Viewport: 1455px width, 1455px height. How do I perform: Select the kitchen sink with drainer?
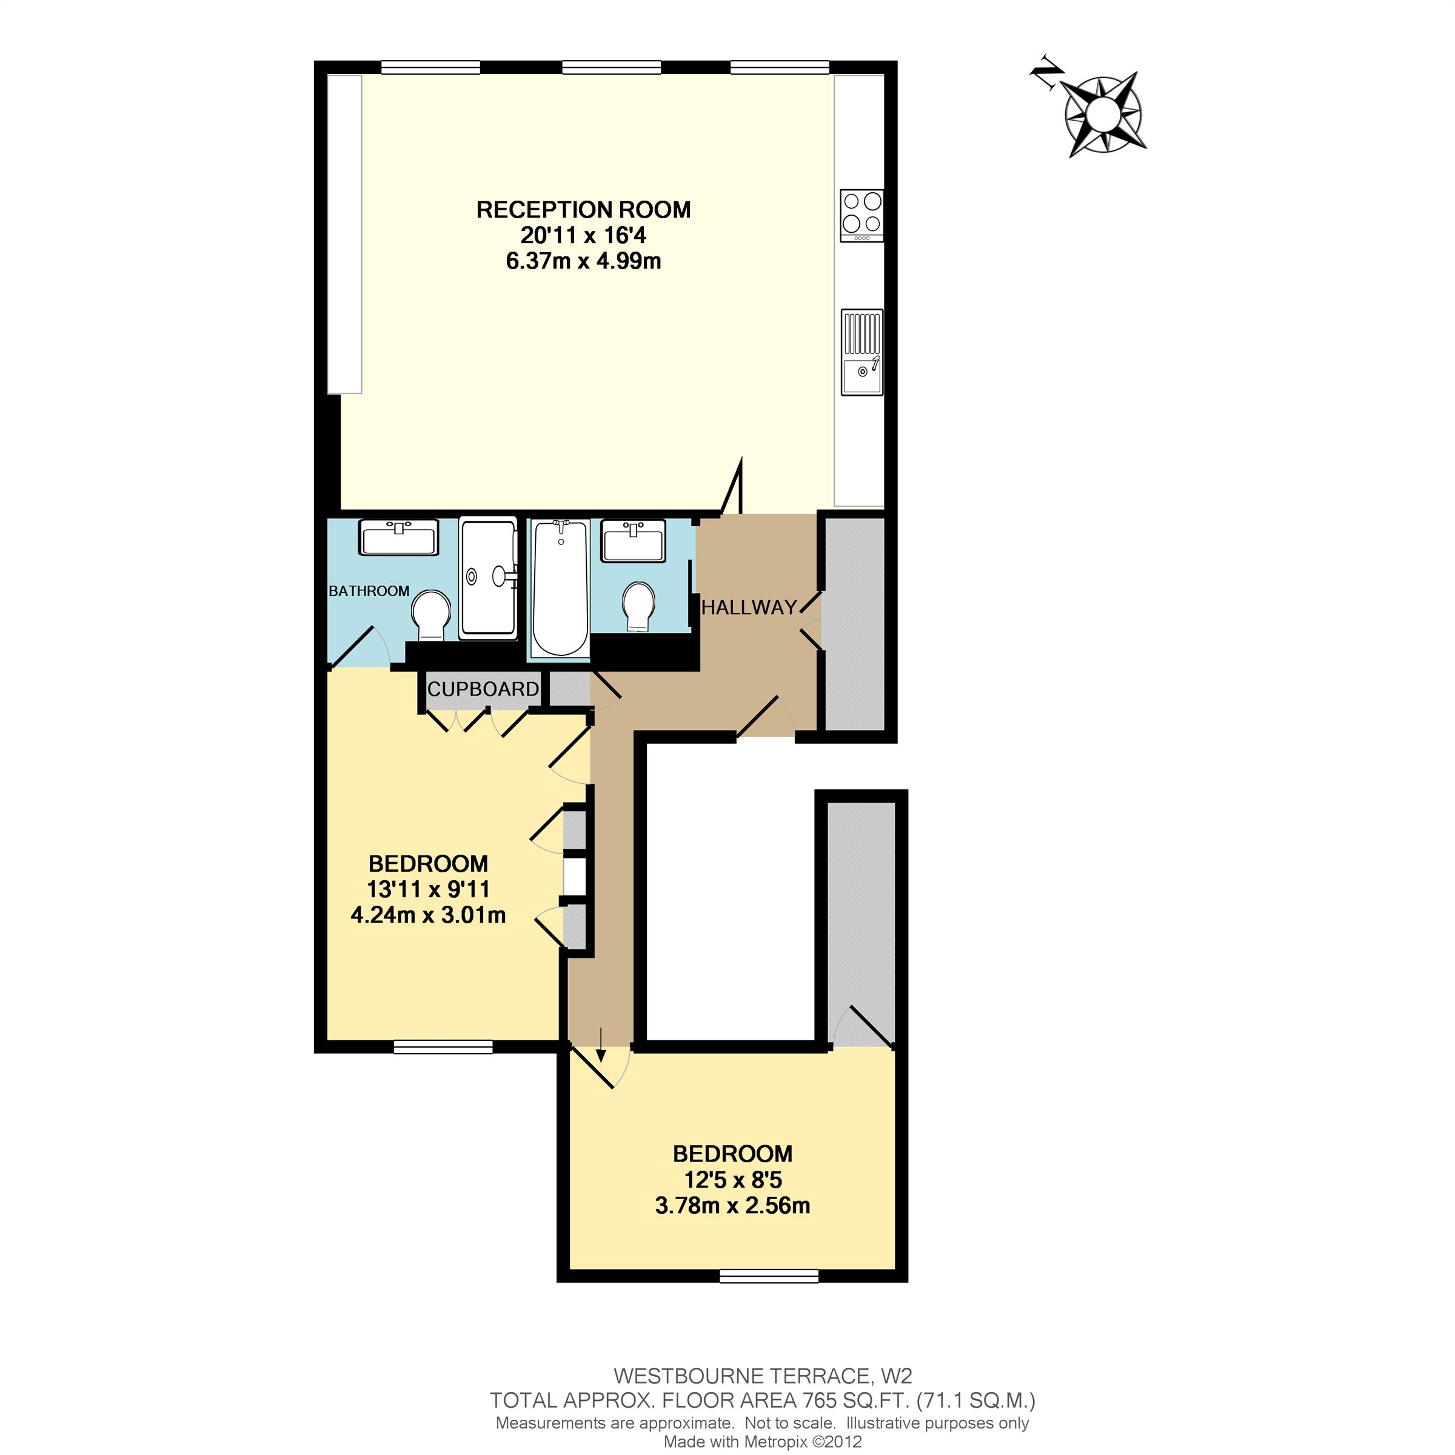coord(861,352)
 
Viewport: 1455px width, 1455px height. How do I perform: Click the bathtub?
coord(560,588)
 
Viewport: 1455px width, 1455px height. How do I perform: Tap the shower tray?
coord(488,578)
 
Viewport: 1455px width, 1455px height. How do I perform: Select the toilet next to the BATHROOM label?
coord(431,614)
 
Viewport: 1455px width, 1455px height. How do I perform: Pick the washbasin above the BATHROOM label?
coord(398,538)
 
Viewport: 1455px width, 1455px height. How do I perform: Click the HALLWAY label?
coord(749,607)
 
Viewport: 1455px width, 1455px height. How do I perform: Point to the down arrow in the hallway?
coord(600,1045)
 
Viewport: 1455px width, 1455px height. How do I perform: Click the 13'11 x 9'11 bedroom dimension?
coord(428,889)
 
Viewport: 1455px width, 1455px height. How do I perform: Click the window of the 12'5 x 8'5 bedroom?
coord(769,1276)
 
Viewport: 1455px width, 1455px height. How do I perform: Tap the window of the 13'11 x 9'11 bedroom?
coord(443,1047)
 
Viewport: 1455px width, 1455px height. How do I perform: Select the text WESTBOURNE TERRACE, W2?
coord(762,1377)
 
